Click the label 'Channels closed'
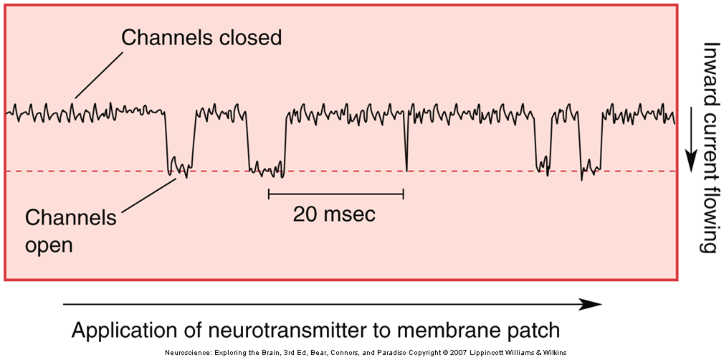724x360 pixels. tap(201, 38)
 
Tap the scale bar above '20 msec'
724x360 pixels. tap(335, 193)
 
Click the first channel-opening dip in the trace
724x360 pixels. tap(178, 166)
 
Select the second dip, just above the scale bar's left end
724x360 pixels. tap(267, 168)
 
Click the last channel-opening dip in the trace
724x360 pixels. tap(590, 168)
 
